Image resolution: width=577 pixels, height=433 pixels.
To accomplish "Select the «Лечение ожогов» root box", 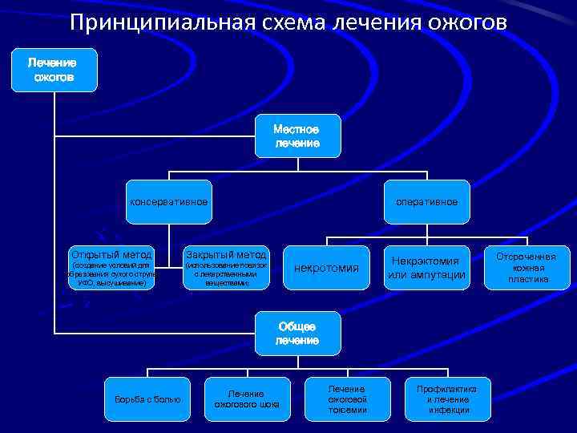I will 54,70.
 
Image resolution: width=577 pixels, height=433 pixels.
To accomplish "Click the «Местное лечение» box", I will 297,136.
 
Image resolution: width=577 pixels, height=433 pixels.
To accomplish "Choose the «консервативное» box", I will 169,201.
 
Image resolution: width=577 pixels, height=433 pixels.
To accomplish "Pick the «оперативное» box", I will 426,201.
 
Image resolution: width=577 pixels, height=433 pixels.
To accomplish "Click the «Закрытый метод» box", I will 227,268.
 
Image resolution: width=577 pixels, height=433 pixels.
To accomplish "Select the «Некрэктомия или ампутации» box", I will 426,268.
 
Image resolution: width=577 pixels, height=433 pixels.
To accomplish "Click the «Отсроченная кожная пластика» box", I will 527,268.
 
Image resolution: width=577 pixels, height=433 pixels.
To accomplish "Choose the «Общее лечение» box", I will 297,334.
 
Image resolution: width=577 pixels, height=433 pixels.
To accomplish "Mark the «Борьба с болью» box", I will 147,399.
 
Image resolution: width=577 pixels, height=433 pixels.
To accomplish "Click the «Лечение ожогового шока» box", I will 247,399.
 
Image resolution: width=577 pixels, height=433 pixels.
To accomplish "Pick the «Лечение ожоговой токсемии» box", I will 346,399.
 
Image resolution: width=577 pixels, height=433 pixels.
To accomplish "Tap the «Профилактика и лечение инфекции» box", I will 446,399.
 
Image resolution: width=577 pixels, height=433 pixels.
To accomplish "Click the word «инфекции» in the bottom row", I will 448,411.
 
